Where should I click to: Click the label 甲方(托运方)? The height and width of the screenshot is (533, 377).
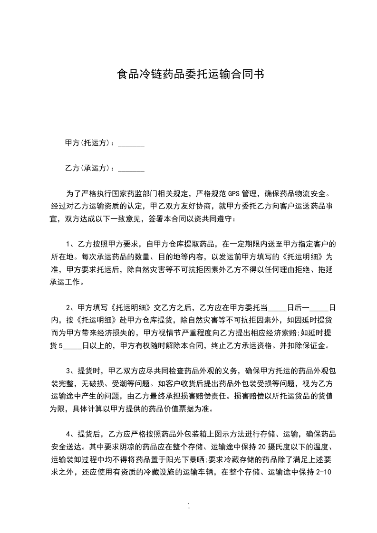pos(87,143)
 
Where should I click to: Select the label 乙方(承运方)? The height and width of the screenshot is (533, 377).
pos(87,168)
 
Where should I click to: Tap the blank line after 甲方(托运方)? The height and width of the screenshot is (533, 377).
pos(131,144)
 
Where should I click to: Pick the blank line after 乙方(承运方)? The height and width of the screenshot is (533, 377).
pos(131,169)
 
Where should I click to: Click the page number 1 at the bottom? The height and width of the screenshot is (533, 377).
pos(189,506)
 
